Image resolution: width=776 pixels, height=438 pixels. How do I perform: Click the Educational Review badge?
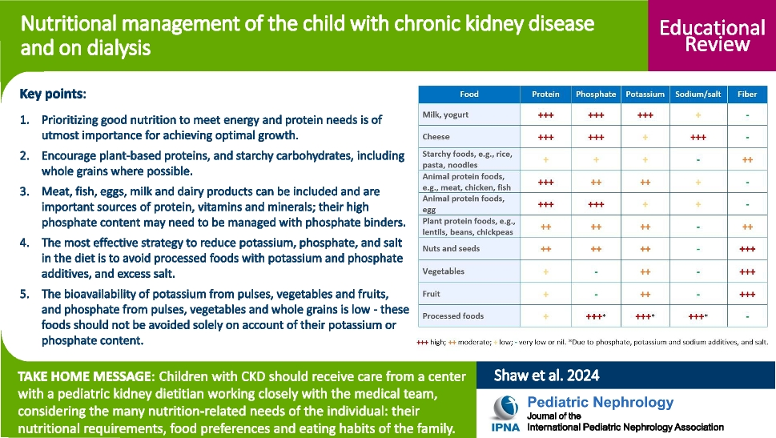click(x=712, y=35)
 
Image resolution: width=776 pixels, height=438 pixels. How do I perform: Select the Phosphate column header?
click(x=595, y=94)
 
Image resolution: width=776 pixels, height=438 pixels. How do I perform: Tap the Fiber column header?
click(x=746, y=94)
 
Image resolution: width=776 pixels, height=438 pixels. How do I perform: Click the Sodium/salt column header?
click(x=698, y=94)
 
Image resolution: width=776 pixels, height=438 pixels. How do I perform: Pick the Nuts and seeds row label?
click(x=451, y=249)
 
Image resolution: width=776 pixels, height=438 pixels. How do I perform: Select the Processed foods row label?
click(x=452, y=316)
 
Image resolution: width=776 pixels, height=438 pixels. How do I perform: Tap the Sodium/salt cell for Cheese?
click(x=698, y=137)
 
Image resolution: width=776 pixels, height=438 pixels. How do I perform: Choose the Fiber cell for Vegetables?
click(x=746, y=271)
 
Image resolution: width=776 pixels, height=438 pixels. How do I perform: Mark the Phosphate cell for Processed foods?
click(x=595, y=316)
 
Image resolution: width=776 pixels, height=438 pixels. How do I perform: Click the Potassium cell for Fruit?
click(x=645, y=294)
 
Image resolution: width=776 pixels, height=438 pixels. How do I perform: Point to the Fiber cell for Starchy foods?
click(x=746, y=159)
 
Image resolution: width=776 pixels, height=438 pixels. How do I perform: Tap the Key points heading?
click(x=52, y=94)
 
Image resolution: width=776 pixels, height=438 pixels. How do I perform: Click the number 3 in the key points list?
click(x=24, y=192)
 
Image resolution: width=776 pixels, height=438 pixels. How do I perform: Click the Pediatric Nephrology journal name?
click(x=601, y=402)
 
